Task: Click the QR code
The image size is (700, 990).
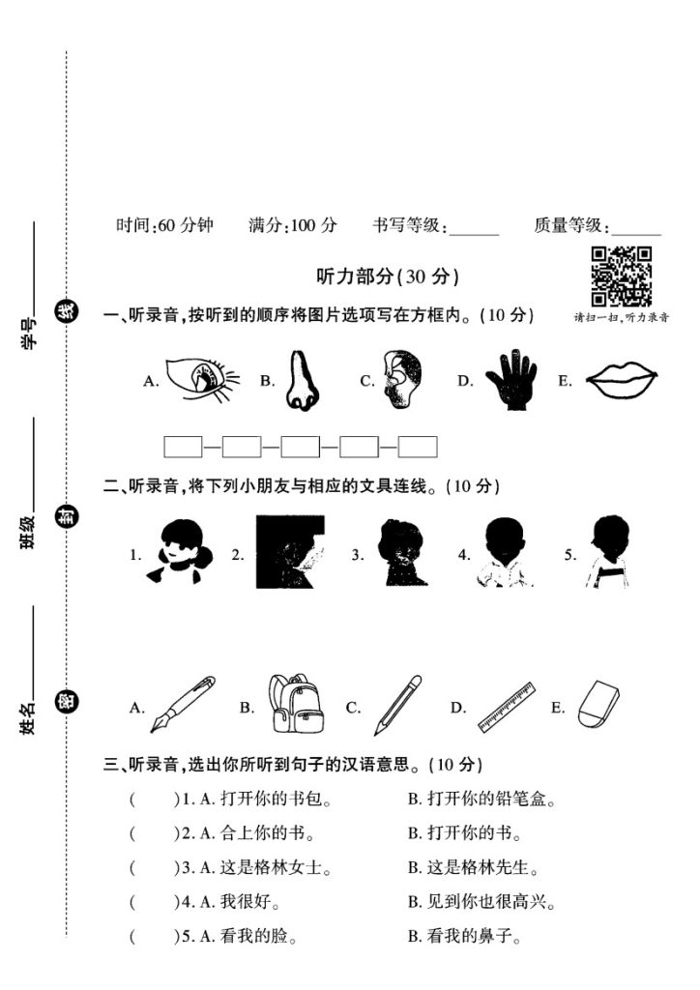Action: pyautogui.click(x=621, y=277)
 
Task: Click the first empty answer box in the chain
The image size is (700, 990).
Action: pyautogui.click(x=183, y=447)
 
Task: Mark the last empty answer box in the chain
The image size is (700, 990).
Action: pyautogui.click(x=418, y=447)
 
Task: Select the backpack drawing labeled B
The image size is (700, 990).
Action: pyautogui.click(x=296, y=703)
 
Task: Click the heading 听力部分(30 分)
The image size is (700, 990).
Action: pyautogui.click(x=387, y=277)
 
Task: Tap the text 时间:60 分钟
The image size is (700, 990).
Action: pyautogui.click(x=164, y=226)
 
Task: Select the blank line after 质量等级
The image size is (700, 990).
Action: pyautogui.click(x=637, y=232)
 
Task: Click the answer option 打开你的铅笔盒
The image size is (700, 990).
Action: pyautogui.click(x=481, y=800)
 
